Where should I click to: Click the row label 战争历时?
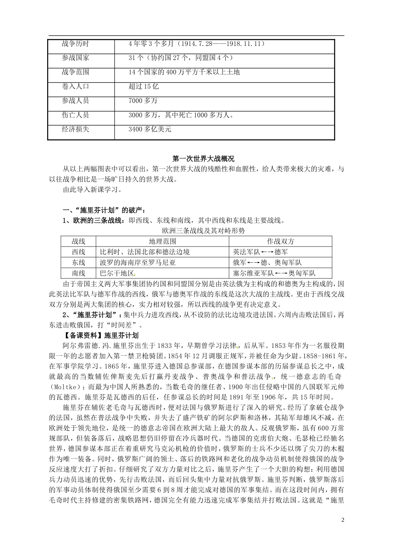tap(75, 43)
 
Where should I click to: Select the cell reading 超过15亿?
tap(144, 86)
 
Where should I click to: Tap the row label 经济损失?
tap(75, 129)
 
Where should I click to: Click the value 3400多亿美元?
tap(150, 129)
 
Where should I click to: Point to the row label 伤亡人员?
tap(75, 115)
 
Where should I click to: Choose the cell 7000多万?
tap(143, 101)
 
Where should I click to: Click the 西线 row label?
tap(78, 252)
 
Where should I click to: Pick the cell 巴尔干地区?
tap(117, 273)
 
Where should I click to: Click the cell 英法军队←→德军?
tap(261, 252)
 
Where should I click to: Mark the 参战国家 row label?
tap(75, 58)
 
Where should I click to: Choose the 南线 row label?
tap(78, 273)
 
